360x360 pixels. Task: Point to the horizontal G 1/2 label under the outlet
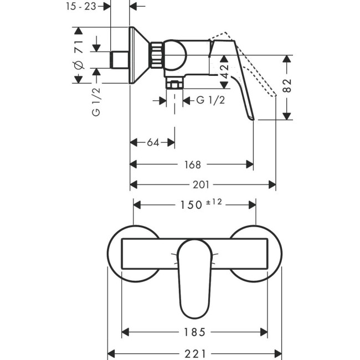(x=211, y=100)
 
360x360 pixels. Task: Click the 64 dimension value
(x=153, y=143)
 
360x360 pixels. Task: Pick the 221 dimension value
(x=194, y=352)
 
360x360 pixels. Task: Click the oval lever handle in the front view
(x=195, y=277)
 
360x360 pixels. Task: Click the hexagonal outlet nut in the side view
(x=175, y=84)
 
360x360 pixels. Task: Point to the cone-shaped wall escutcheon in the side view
(x=140, y=55)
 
